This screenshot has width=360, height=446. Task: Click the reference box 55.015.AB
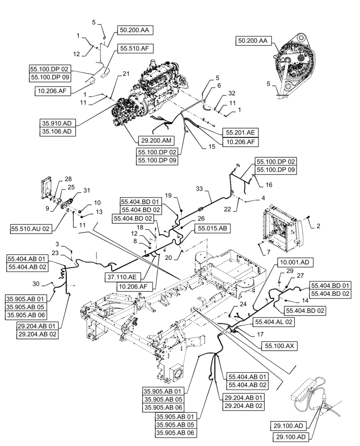211,227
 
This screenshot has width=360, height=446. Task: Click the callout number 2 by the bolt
318,227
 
